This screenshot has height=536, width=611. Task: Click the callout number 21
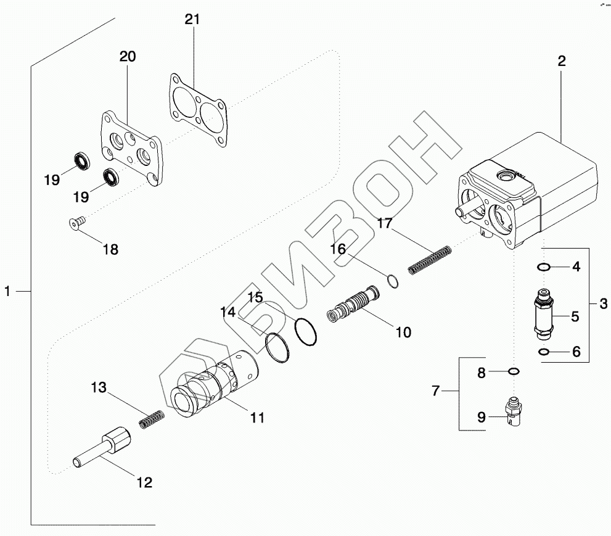point(192,20)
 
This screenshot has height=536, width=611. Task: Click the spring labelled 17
point(430,259)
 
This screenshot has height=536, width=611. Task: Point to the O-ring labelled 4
point(543,267)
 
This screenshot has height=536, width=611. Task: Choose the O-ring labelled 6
point(543,352)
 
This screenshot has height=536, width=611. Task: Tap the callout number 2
point(561,61)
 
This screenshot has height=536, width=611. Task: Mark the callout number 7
point(435,390)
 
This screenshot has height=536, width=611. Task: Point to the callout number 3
point(603,303)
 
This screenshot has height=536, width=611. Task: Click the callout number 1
point(7,291)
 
